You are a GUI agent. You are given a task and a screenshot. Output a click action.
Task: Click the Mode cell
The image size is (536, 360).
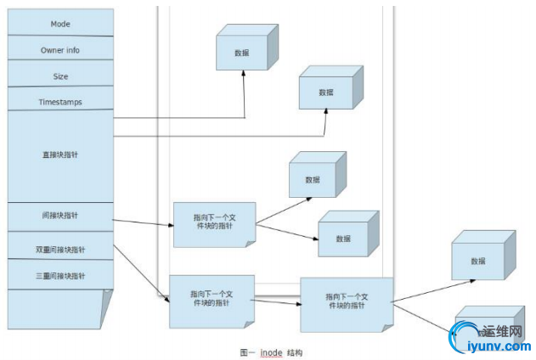(60, 23)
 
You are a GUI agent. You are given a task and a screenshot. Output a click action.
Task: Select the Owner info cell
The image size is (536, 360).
(60, 49)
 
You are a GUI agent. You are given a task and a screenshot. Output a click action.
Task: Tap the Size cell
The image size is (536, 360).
(60, 76)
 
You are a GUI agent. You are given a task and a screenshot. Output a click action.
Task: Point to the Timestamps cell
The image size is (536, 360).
(60, 102)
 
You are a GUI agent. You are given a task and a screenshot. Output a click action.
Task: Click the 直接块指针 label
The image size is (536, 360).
(60, 155)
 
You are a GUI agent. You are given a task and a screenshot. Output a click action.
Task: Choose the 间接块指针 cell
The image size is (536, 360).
(60, 216)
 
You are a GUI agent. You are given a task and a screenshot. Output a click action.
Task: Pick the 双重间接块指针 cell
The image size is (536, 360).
(60, 249)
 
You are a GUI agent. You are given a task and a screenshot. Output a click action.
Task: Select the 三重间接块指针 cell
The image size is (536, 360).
(60, 276)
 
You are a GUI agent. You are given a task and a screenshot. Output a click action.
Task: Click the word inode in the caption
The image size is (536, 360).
(271, 351)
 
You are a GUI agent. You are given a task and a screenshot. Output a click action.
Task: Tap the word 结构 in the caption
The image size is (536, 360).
(295, 351)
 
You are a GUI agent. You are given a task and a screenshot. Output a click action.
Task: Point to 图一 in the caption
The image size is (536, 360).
(248, 351)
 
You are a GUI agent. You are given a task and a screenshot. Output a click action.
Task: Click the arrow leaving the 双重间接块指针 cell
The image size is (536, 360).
(140, 272)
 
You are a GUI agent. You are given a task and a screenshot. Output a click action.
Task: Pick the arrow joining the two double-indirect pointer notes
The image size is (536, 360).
(276, 301)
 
